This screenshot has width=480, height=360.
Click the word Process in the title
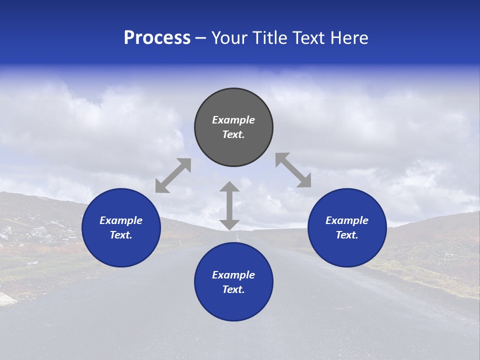pos(157,38)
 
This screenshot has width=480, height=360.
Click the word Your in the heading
pos(228,38)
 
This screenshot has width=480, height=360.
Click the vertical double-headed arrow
pos(229,205)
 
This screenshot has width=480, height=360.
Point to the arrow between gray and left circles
pos(173,175)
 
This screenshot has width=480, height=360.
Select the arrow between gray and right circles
pos(293,170)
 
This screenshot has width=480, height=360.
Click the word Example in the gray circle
pos(233,120)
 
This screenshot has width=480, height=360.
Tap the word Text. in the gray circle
pos(233,134)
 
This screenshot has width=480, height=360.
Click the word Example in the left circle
pos(121,220)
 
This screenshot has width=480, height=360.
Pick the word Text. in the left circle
pos(121,235)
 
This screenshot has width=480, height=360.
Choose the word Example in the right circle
pos(347,220)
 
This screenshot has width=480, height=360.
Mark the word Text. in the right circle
pos(347,235)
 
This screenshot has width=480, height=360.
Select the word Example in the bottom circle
pos(233,275)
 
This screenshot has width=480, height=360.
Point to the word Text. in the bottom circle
pos(233,289)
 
